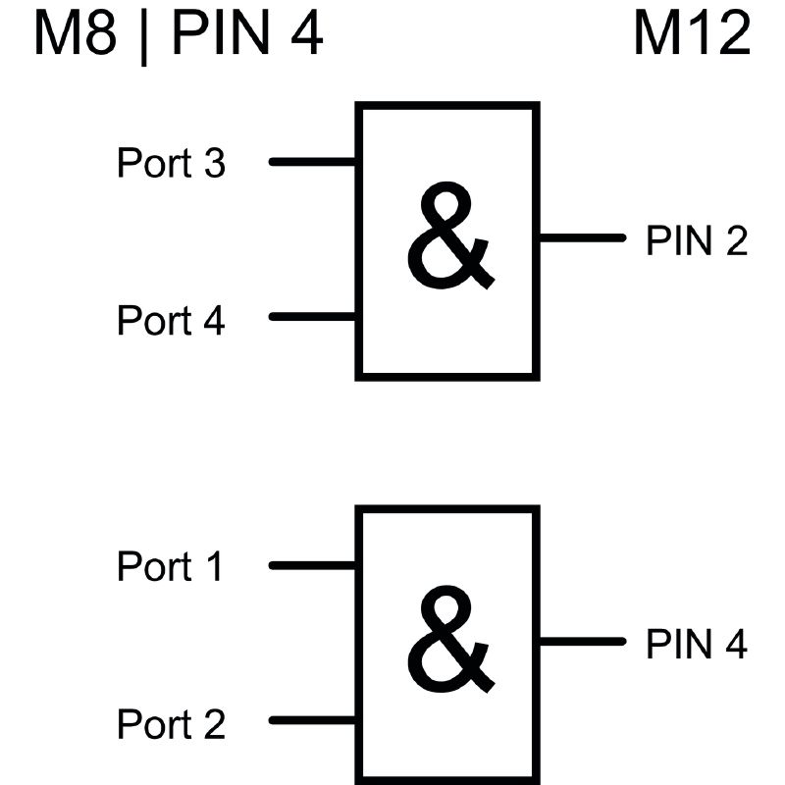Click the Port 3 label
171,163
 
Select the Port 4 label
171,321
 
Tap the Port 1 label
171,567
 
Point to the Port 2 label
171,725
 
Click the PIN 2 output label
696,240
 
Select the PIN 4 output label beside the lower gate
696,645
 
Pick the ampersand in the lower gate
448,640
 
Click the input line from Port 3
312,162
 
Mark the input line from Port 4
312,317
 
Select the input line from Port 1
312,565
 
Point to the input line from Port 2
312,720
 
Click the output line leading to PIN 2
581,237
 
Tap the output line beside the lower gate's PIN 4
581,642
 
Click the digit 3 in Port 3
214,163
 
